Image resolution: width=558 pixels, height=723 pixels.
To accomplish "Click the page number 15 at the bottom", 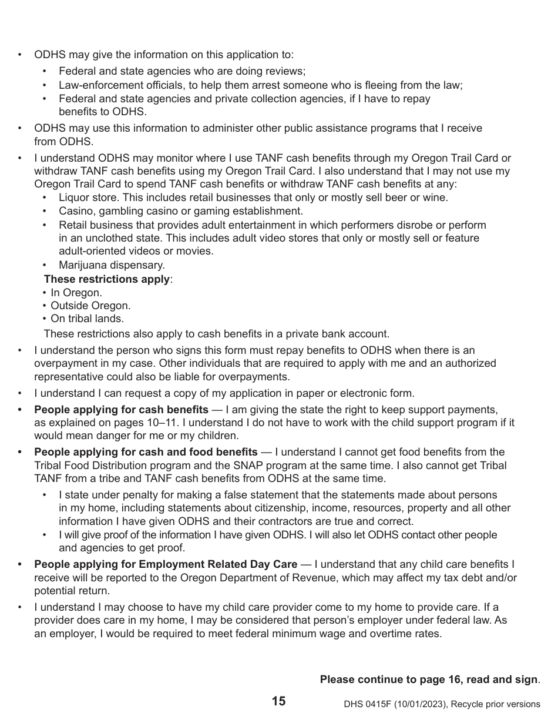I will [x=278, y=701].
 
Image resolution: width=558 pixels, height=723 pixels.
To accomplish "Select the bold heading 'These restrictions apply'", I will [x=107, y=279].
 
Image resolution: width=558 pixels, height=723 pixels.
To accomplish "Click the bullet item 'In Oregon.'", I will [x=76, y=293].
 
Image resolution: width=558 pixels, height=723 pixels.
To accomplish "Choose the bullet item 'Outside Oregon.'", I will [x=90, y=306].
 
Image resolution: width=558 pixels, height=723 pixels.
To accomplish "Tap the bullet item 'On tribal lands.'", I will [x=87, y=319].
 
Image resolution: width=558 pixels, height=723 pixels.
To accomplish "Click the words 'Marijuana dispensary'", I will [x=112, y=265].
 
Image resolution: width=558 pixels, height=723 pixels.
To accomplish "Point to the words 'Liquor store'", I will [x=88, y=198].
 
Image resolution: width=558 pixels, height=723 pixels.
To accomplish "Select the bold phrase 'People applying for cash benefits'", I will [x=121, y=410].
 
